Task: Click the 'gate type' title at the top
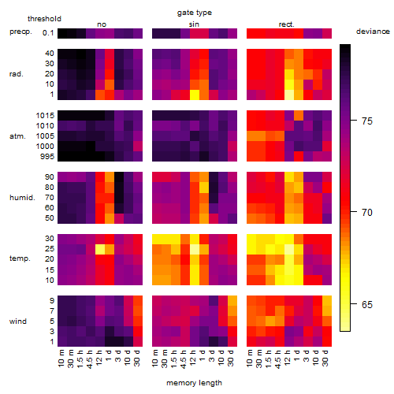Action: pyautogui.click(x=195, y=13)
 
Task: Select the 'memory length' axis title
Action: pyautogui.click(x=194, y=383)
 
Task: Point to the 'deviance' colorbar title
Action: pyautogui.click(x=373, y=32)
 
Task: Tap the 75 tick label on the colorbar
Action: pyautogui.click(x=367, y=121)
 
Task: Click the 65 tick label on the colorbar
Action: pyautogui.click(x=367, y=305)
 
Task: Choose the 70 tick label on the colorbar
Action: pyautogui.click(x=367, y=212)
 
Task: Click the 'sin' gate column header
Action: pyautogui.click(x=194, y=24)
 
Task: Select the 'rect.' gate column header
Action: pyautogui.click(x=287, y=24)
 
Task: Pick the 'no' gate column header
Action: pyautogui.click(x=102, y=24)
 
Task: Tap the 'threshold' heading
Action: pyautogui.click(x=44, y=19)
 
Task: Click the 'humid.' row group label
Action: pyautogui.click(x=22, y=198)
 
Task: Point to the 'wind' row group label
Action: pyautogui.click(x=18, y=321)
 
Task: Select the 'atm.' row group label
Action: pyautogui.click(x=17, y=136)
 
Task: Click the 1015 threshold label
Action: pyautogui.click(x=45, y=116)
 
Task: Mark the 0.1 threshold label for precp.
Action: pyautogui.click(x=48, y=33)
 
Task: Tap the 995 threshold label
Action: pyautogui.click(x=47, y=157)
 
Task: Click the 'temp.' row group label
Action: pyautogui.click(x=20, y=258)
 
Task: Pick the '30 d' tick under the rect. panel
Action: pyautogui.click(x=325, y=358)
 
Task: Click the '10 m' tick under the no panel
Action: pyautogui.click(x=61, y=358)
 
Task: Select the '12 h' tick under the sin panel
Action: pyautogui.click(x=192, y=358)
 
